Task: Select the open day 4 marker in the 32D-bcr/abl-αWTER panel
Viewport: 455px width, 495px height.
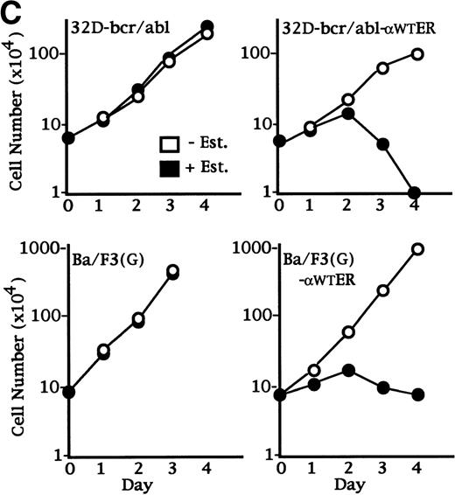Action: [x=416, y=54]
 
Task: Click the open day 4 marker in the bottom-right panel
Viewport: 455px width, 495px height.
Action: [x=416, y=249]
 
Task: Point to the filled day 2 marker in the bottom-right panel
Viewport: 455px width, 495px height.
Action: [x=347, y=370]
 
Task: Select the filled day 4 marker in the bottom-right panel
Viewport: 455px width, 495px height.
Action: [x=416, y=394]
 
